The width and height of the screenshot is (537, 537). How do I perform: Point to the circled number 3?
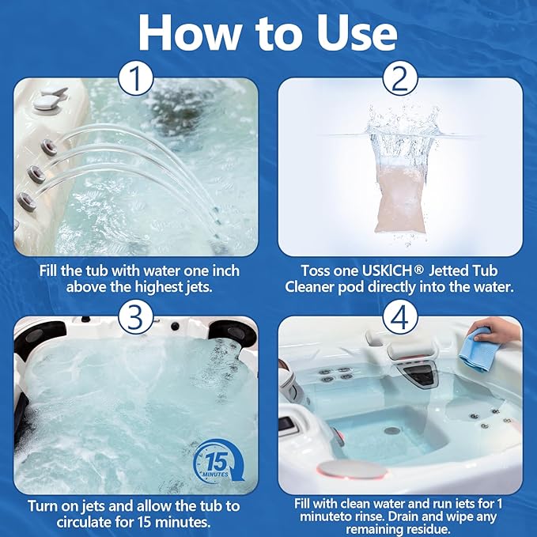(x=134, y=318)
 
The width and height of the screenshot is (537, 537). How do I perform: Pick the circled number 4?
(x=399, y=318)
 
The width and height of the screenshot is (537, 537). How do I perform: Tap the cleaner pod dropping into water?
(x=399, y=190)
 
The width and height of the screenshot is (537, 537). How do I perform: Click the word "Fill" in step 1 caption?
(x=53, y=270)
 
